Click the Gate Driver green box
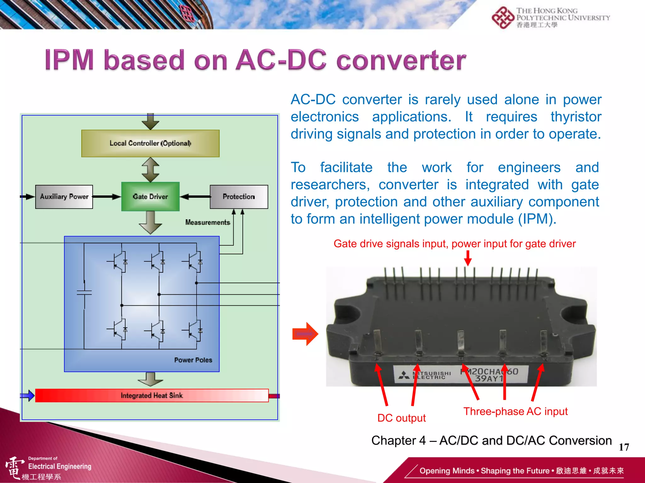pyautogui.click(x=150, y=197)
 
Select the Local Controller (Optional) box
pyautogui.click(x=150, y=143)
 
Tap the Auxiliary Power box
pyautogui.click(x=64, y=197)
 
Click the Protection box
pyautogui.click(x=239, y=197)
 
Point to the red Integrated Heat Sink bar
pyautogui.click(x=151, y=395)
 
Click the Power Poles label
pyautogui.click(x=193, y=360)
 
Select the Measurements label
pyautogui.click(x=208, y=222)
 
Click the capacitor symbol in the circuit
pyautogui.click(x=84, y=293)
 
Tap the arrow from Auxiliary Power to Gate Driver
pyautogui.click(x=107, y=197)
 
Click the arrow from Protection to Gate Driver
pyautogui.click(x=195, y=197)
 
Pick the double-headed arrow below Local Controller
pyautogui.click(x=150, y=169)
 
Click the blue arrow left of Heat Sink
pyautogui.click(x=28, y=395)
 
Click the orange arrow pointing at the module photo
pyautogui.click(x=305, y=334)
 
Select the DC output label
pyautogui.click(x=401, y=418)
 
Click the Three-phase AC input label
pyautogui.click(x=515, y=411)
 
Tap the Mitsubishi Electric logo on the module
pyautogui.click(x=404, y=375)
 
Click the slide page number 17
pyautogui.click(x=624, y=447)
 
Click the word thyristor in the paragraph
pyautogui.click(x=576, y=117)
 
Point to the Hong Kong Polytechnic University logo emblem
pyautogui.click(x=503, y=18)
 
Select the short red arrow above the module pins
pyautogui.click(x=468, y=258)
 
